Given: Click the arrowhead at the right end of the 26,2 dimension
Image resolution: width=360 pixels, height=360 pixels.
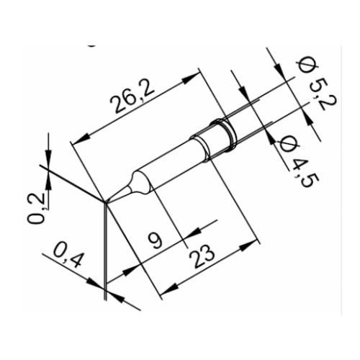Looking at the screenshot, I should click(x=196, y=73).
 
